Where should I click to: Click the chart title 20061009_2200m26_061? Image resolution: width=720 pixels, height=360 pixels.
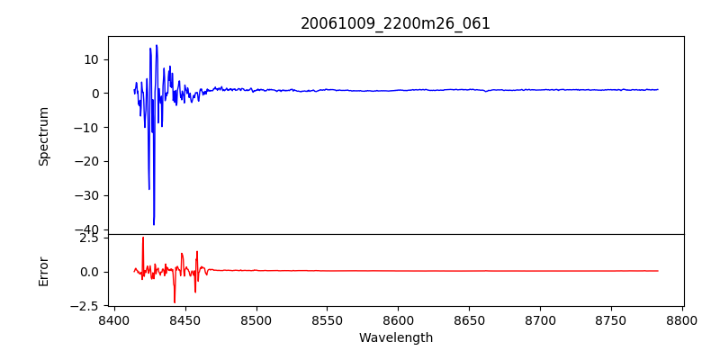coord(395,23)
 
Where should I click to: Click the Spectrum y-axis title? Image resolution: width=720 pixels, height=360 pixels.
coord(43,136)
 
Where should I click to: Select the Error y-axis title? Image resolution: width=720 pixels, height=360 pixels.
coord(43,270)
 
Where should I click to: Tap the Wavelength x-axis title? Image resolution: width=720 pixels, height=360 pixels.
coord(395,338)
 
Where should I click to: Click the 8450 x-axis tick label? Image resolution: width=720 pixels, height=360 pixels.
coord(185,319)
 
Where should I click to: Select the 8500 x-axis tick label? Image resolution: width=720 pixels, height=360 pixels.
coord(256,319)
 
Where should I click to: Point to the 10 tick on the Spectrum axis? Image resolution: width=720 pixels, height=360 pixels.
coord(92,59)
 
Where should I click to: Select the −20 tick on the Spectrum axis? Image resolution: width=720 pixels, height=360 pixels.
coord(88,162)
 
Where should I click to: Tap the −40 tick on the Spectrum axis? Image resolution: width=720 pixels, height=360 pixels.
coord(88,230)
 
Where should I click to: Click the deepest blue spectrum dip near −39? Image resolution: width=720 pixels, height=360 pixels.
coord(154,224)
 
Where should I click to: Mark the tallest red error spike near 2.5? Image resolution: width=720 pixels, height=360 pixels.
coord(143,238)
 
